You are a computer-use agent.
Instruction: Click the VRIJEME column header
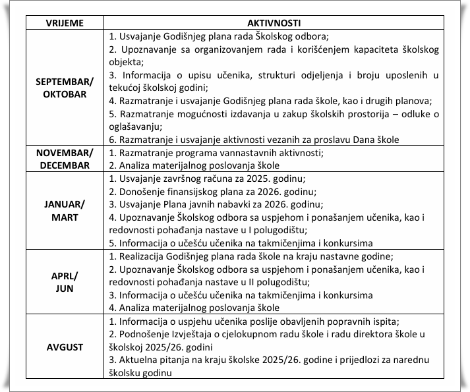pos(64,23)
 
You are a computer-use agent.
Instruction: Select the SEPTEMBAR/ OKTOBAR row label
pos(64,88)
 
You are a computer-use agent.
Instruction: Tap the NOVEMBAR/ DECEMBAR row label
pos(64,159)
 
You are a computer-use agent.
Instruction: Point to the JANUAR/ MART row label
pos(64,210)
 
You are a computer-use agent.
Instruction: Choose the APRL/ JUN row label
pos(64,281)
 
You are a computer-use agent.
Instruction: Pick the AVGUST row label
pos(64,346)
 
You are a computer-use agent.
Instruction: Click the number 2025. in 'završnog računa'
pos(252,179)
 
